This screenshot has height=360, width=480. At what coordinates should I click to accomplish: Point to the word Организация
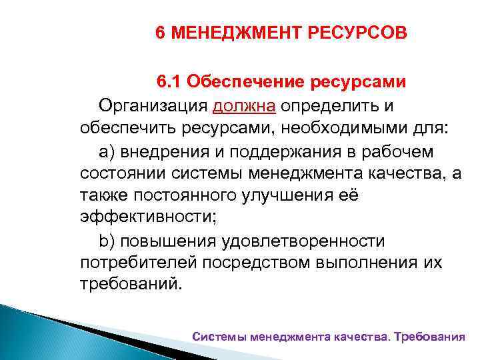pyautogui.click(x=153, y=105)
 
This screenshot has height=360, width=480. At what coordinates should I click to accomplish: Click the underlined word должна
pyautogui.click(x=244, y=105)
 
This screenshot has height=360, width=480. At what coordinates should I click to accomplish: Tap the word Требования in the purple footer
pyautogui.click(x=429, y=337)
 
